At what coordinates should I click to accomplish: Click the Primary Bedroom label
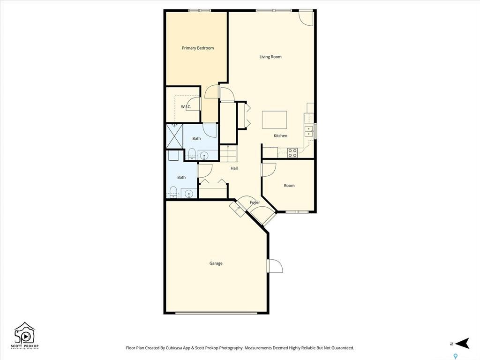pyautogui.click(x=198, y=48)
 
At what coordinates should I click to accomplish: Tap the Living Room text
pyautogui.click(x=270, y=57)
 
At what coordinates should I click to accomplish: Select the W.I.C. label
pyautogui.click(x=186, y=107)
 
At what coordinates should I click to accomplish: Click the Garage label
pyautogui.click(x=216, y=263)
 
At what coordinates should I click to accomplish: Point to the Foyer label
pyautogui.click(x=255, y=202)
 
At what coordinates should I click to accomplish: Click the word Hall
pyautogui.click(x=234, y=168)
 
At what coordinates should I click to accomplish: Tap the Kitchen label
pyautogui.click(x=280, y=136)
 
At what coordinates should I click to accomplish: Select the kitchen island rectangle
pyautogui.click(x=274, y=120)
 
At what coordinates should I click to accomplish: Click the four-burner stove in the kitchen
pyautogui.click(x=292, y=152)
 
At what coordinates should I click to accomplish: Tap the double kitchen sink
pyautogui.click(x=309, y=131)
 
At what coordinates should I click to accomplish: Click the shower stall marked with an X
pyautogui.click(x=174, y=136)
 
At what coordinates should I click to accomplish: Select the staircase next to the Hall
pyautogui.click(x=229, y=153)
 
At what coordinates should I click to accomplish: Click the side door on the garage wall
pyautogui.click(x=274, y=266)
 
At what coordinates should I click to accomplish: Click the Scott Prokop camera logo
pyautogui.click(x=24, y=334)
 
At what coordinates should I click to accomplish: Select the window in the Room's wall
pyautogui.click(x=297, y=212)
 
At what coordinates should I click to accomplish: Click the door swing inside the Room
pyautogui.click(x=268, y=170)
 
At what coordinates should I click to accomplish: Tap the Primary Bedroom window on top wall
pyautogui.click(x=199, y=10)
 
